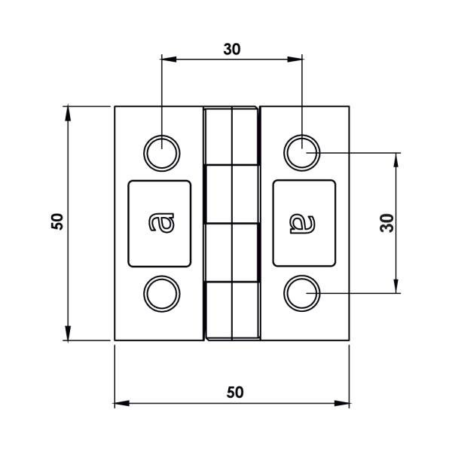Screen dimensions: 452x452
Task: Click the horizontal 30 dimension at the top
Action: [x=232, y=49]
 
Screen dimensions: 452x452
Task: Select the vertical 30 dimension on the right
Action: [x=386, y=222]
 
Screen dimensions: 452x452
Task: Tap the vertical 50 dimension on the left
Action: [x=57, y=221]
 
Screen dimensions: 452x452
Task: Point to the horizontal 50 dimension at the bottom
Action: [x=235, y=392]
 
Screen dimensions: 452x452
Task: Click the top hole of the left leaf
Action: [x=162, y=154]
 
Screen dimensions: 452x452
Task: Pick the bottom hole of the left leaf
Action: [x=162, y=294]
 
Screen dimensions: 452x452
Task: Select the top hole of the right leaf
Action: [x=302, y=154]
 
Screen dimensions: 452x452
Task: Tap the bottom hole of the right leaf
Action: [x=302, y=294]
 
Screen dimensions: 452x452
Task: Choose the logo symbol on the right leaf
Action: [x=304, y=223]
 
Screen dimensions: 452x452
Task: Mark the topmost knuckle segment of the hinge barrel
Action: [x=232, y=136]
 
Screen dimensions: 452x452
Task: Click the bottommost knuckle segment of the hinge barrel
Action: [x=232, y=311]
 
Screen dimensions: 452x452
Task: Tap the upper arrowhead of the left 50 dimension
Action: [x=68, y=113]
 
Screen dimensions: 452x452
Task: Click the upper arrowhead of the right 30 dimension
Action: [x=395, y=160]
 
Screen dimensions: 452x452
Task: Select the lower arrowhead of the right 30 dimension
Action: [x=395, y=286]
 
